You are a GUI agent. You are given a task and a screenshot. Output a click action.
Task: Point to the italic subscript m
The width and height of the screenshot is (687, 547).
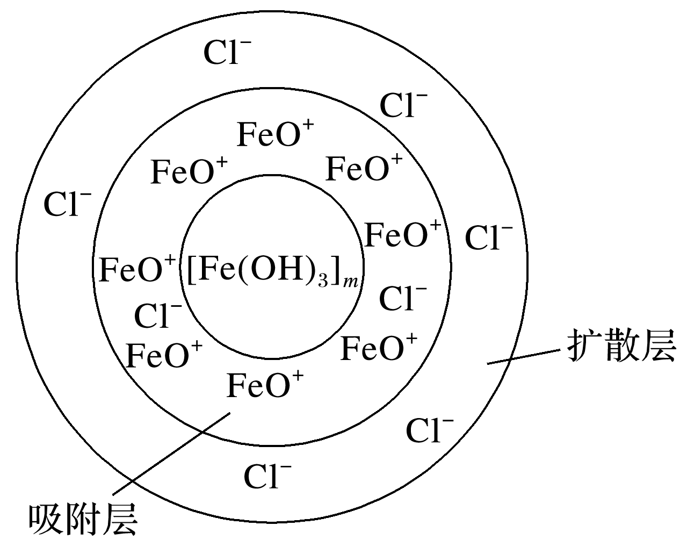(x=350, y=282)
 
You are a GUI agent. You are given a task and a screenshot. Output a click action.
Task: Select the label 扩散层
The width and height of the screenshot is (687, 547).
(x=621, y=346)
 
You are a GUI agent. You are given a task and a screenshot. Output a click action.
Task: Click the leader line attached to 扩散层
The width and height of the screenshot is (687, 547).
(x=524, y=357)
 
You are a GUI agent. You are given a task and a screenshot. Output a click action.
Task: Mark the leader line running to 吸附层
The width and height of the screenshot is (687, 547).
(x=171, y=454)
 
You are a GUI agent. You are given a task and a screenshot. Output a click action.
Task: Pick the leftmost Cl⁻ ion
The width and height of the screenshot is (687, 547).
(x=67, y=204)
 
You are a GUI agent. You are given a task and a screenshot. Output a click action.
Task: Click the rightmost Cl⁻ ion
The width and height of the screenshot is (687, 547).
(x=489, y=237)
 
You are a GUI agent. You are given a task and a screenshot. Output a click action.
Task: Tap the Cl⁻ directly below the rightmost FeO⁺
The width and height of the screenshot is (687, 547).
(x=403, y=298)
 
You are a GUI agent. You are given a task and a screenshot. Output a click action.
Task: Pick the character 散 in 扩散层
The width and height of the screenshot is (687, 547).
(x=621, y=346)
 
